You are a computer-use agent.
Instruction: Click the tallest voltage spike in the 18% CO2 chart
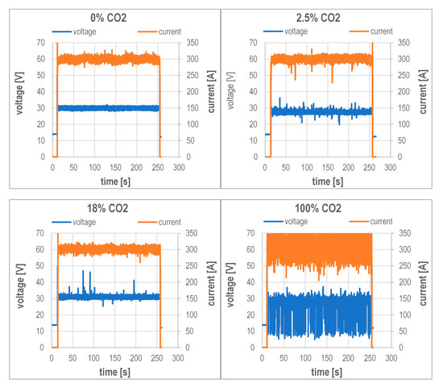point(83,272)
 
